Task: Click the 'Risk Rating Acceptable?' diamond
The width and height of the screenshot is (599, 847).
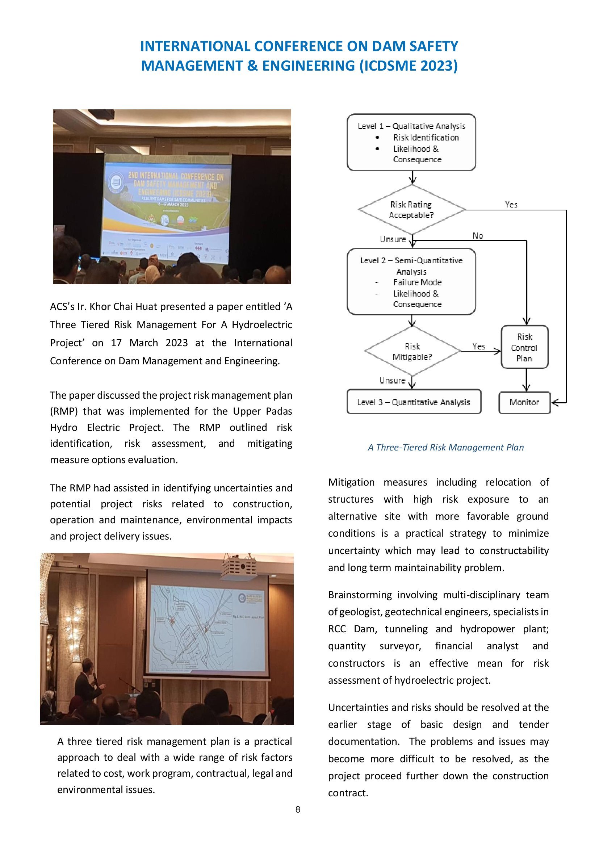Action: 411,210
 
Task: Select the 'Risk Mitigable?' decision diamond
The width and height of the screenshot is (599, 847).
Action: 412,351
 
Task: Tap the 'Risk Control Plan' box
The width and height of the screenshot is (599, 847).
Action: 524,347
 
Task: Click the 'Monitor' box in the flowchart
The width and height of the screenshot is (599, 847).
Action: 524,402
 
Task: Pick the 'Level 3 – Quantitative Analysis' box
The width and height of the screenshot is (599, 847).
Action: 414,402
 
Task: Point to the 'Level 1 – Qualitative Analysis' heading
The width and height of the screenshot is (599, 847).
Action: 411,126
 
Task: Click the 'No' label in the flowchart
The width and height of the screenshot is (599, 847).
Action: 478,235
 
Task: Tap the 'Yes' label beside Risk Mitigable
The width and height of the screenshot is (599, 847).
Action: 478,346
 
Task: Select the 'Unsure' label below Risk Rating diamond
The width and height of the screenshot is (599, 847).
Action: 393,239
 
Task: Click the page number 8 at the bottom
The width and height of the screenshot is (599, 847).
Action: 298,809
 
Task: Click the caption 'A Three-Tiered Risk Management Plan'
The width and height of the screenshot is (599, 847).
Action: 445,447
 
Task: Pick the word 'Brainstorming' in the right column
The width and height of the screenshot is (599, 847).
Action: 360,595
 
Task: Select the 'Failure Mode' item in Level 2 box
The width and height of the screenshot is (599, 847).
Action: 417,282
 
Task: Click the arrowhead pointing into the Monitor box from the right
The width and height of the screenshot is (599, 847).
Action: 554,402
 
